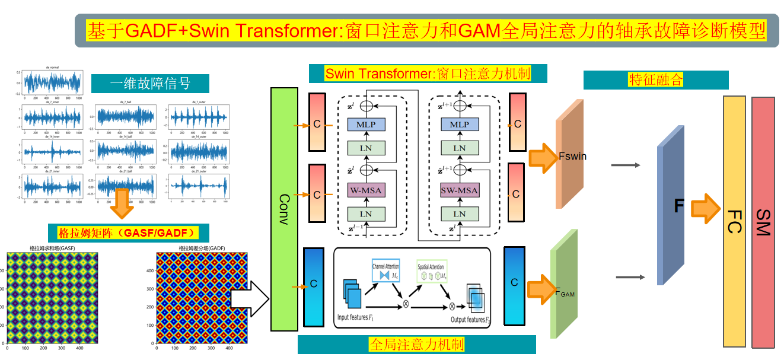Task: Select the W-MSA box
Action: tap(366, 191)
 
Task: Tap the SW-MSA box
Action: tap(460, 191)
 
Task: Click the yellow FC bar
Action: tap(734, 221)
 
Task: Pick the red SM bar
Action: tap(763, 222)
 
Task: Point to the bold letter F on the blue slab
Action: tap(680, 207)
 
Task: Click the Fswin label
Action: tap(572, 157)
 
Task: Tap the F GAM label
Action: tap(565, 291)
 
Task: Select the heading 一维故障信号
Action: tap(150, 84)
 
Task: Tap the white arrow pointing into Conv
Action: tap(249, 295)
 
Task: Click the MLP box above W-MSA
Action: tap(366, 125)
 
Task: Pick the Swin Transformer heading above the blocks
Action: tap(428, 74)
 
